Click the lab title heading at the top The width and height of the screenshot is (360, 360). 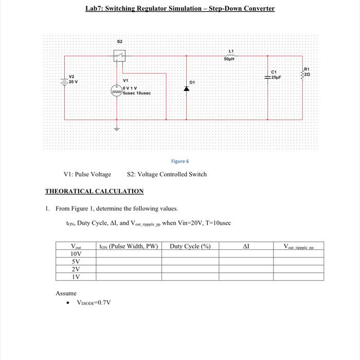(x=180, y=9)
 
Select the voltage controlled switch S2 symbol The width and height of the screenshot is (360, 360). (x=119, y=55)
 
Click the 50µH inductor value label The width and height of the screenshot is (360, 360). (x=230, y=60)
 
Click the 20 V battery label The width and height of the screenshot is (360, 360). (x=73, y=81)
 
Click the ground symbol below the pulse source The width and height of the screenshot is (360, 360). (x=116, y=129)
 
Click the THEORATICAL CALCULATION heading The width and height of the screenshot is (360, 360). (x=94, y=191)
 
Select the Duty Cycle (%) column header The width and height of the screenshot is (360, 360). (x=190, y=246)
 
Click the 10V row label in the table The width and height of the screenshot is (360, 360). (x=76, y=254)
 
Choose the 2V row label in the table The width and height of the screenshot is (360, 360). (x=76, y=269)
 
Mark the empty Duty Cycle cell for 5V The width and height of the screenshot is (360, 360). (x=190, y=261)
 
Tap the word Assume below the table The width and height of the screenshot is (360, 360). (x=66, y=293)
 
